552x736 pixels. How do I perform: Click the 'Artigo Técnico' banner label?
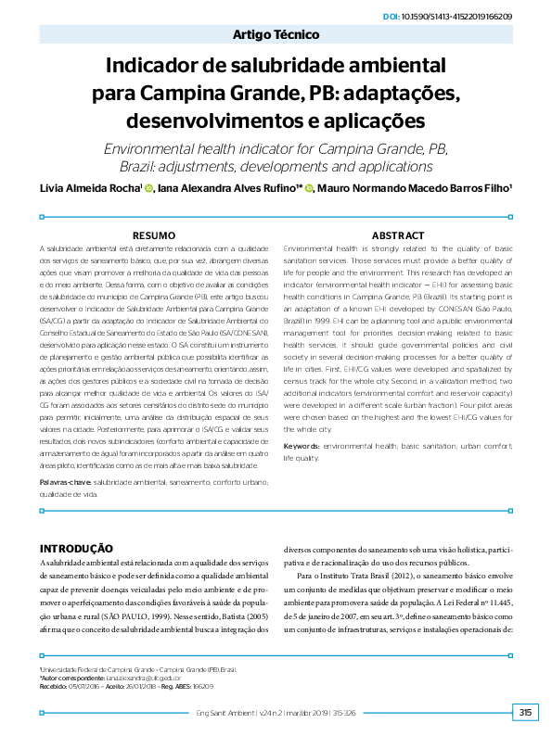click(x=276, y=35)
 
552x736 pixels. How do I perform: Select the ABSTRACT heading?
click(x=398, y=236)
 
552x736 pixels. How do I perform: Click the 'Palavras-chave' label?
click(x=65, y=484)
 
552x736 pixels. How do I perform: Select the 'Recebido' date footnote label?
click(x=53, y=687)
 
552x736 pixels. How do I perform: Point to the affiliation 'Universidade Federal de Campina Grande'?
click(x=97, y=669)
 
